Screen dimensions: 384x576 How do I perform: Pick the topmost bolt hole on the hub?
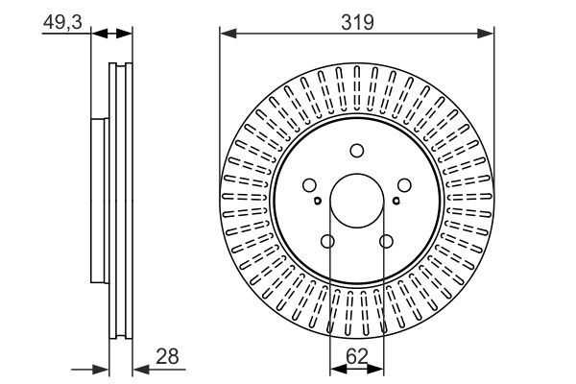pyautogui.click(x=357, y=150)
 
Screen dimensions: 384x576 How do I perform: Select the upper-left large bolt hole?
pyautogui.click(x=309, y=186)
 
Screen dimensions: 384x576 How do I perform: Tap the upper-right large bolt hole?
pyautogui.click(x=405, y=186)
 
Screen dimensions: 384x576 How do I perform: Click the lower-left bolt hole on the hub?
pyautogui.click(x=327, y=242)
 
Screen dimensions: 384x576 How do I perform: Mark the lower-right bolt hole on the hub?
pyautogui.click(x=387, y=242)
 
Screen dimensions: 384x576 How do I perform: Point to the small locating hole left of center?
pyautogui.click(x=318, y=201)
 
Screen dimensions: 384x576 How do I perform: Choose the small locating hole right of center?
pyautogui.click(x=396, y=201)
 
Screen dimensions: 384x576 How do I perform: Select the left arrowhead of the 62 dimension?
pyautogui.click(x=334, y=369)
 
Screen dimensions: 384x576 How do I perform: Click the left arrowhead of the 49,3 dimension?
pyautogui.click(x=97, y=34)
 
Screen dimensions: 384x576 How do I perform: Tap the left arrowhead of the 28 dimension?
pyautogui.click(x=104, y=369)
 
